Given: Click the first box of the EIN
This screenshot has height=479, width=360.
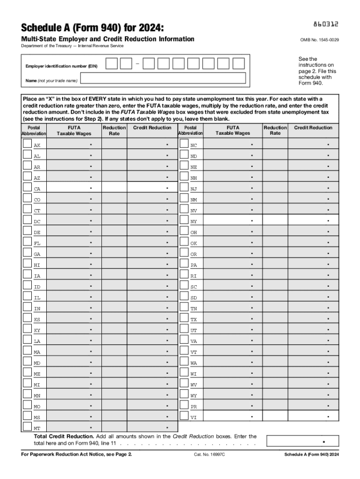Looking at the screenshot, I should coord(111,64).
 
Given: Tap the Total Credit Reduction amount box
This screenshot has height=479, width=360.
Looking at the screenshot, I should coord(301,441).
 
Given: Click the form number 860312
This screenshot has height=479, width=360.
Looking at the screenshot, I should coord(325,23).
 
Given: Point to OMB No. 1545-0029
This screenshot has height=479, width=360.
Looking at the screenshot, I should coord(319,40).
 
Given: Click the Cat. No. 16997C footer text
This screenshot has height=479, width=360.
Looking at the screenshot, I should coord(210,467).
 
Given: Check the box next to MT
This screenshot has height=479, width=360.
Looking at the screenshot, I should coord(28,426).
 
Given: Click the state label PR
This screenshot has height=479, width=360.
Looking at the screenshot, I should coord(194,406).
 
